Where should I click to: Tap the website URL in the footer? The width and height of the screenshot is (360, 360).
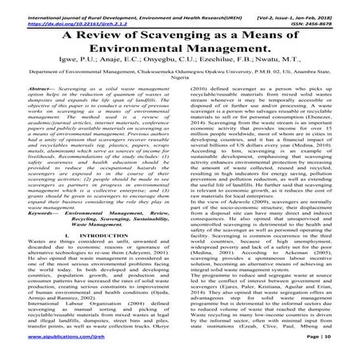coord(51,349)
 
